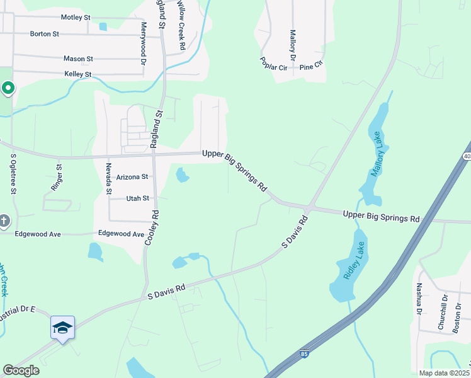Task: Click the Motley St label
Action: [76, 18]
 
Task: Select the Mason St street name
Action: [78, 59]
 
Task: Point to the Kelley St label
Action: [78, 74]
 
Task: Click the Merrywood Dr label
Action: [144, 43]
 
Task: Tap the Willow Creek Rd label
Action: [181, 25]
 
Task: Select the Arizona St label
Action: [131, 178]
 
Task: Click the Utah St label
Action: [138, 198]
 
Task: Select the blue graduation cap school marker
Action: [62, 328]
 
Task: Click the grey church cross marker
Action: [4, 220]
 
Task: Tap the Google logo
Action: [21, 370]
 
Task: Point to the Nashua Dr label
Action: [418, 298]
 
